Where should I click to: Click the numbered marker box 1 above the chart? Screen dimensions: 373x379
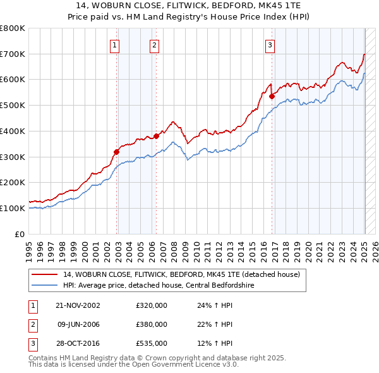(x=115, y=44)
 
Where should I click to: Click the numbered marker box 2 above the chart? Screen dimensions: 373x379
(x=154, y=44)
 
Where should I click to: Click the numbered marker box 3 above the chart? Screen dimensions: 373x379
(x=270, y=44)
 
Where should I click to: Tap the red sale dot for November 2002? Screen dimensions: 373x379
(x=117, y=152)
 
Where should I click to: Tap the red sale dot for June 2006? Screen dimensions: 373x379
(x=156, y=136)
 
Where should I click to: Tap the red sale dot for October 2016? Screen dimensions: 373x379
(x=272, y=97)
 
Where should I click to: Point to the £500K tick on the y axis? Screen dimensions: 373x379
(x=13, y=105)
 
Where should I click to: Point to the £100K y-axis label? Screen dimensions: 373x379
(x=13, y=208)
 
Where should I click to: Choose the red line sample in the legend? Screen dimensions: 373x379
(x=44, y=274)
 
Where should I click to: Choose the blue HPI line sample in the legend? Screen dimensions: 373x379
(x=44, y=285)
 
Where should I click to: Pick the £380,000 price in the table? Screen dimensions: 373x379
(x=151, y=325)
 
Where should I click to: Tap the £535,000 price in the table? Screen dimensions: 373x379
(x=151, y=343)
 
